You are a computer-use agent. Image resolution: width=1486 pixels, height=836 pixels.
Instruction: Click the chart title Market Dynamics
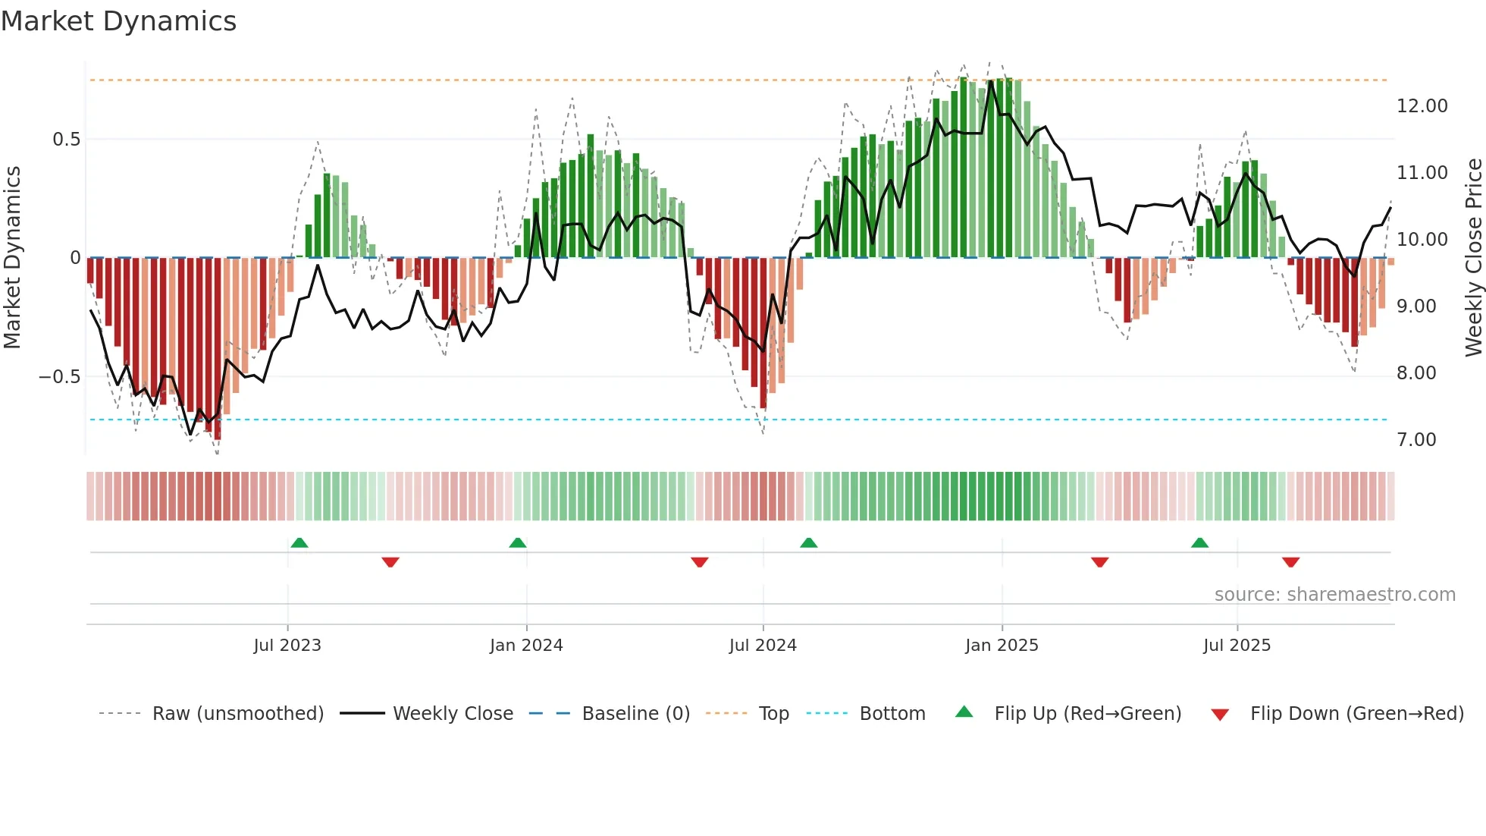click(118, 21)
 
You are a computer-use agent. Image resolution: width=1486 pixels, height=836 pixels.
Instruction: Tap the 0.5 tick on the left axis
click(66, 140)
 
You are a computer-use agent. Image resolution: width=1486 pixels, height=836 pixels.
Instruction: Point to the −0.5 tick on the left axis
click(59, 377)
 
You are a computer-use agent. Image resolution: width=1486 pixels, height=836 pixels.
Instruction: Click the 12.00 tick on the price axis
click(1422, 106)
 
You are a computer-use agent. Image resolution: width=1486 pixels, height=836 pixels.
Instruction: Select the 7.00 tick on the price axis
click(1416, 440)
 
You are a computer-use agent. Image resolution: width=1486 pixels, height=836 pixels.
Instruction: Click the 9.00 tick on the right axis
click(1416, 306)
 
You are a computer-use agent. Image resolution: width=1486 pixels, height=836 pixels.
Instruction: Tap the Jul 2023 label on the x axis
click(287, 646)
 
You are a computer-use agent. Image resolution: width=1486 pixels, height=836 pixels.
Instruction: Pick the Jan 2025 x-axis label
click(1002, 646)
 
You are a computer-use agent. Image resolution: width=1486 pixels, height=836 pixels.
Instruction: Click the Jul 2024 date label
click(763, 646)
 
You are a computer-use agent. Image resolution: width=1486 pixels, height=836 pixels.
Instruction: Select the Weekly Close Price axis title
click(1473, 258)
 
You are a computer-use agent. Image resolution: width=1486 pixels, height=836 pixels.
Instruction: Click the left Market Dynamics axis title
click(12, 258)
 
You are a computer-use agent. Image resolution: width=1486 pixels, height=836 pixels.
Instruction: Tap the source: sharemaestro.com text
click(1334, 595)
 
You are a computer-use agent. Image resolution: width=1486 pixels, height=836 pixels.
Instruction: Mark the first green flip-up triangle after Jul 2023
click(299, 543)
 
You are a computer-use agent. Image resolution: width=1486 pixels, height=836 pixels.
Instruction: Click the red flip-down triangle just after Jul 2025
click(1290, 562)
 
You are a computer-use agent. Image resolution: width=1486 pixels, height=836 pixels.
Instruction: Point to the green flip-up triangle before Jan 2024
click(518, 543)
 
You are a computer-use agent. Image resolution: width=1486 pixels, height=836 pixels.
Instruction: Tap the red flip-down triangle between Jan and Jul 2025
click(1099, 562)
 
